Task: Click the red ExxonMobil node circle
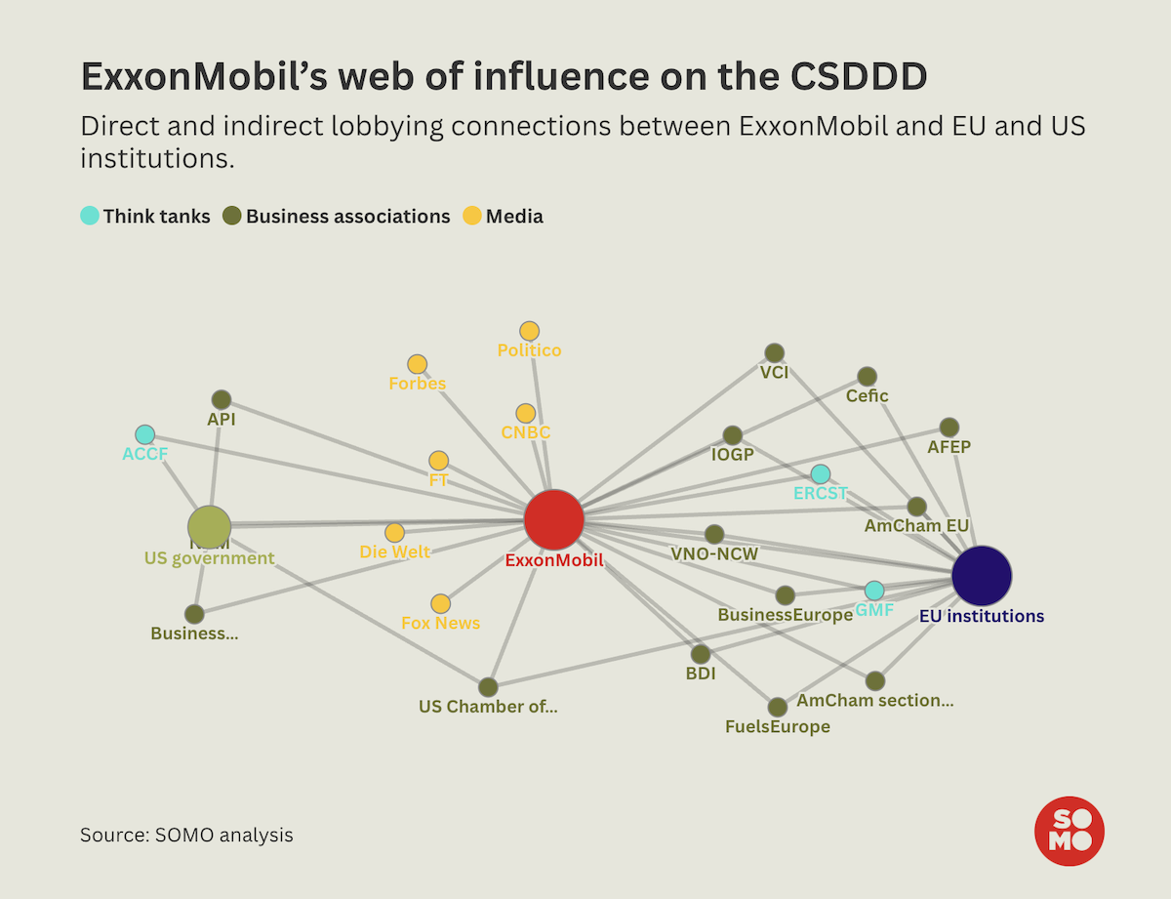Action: (553, 520)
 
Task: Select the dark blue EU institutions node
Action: (982, 576)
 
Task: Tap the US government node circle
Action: (209, 527)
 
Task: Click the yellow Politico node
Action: (529, 331)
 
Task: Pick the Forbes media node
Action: (417, 364)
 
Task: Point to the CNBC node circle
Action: (526, 413)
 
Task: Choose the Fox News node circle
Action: (441, 604)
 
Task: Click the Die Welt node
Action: (394, 532)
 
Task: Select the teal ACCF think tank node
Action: (144, 434)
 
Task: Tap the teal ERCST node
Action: (821, 474)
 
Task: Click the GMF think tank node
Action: (874, 591)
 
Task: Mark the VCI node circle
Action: (774, 352)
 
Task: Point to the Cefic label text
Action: (867, 396)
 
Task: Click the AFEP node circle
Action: (949, 428)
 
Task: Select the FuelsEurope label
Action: (777, 727)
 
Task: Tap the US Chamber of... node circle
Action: (488, 687)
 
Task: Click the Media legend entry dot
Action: (471, 217)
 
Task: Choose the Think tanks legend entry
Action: (145, 217)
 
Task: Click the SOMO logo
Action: (1069, 831)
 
